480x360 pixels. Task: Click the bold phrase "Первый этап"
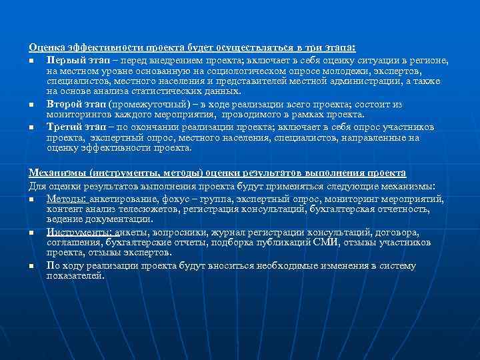(x=76, y=60)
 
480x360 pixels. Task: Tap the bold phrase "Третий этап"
(x=76, y=127)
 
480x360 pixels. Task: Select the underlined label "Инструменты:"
(x=79, y=232)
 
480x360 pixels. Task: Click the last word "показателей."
(x=76, y=275)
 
